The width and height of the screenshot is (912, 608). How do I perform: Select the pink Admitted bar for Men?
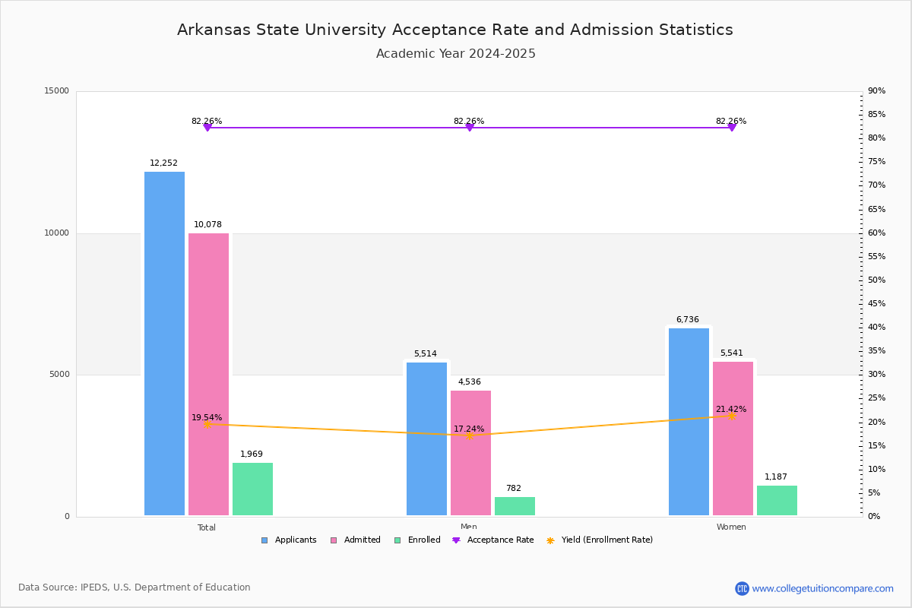[x=470, y=453]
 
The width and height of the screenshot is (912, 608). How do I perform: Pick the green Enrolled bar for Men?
[x=515, y=506]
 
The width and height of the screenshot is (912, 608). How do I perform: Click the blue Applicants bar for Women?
[x=689, y=422]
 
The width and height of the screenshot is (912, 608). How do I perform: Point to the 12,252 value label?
[x=163, y=163]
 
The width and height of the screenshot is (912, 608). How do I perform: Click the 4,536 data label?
[x=469, y=382]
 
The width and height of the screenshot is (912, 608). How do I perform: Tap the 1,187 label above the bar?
[x=776, y=477]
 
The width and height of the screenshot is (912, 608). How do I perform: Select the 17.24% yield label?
[x=469, y=429]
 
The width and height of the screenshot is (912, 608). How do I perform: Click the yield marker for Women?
[x=731, y=416]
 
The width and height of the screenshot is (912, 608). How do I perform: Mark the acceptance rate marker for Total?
[x=207, y=128]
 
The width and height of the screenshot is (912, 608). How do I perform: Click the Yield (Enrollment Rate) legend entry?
[x=606, y=540]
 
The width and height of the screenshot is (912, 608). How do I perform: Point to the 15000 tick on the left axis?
[x=57, y=91]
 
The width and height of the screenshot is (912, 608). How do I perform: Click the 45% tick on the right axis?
[x=876, y=304]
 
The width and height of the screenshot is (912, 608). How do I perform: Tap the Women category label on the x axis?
[x=731, y=527]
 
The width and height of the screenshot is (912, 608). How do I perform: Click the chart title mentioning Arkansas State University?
[x=455, y=30]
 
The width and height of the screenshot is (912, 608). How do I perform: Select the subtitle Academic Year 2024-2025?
[x=455, y=54]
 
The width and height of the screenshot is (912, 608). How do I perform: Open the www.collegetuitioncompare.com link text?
[x=822, y=588]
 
